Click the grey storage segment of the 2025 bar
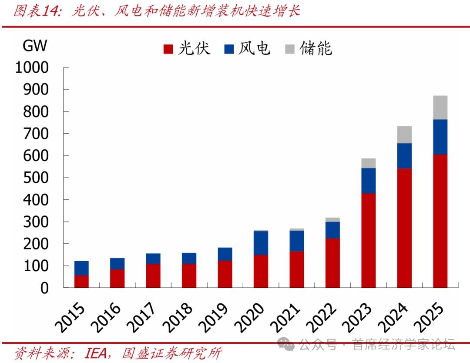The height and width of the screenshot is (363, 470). pyautogui.click(x=440, y=108)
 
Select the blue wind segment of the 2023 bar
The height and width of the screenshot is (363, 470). pyautogui.click(x=369, y=181)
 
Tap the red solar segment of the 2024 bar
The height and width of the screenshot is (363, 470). pyautogui.click(x=404, y=228)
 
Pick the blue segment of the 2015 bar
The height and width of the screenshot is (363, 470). pyautogui.click(x=81, y=268)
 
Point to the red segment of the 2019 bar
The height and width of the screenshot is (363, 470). pyautogui.click(x=225, y=274)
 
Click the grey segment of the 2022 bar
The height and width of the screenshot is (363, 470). pyautogui.click(x=333, y=220)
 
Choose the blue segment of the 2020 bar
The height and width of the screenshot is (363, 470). pyautogui.click(x=261, y=243)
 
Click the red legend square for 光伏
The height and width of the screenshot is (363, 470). pyautogui.click(x=168, y=49)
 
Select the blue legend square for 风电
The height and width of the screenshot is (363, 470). pyautogui.click(x=229, y=49)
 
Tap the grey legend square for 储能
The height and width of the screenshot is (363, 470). pyautogui.click(x=290, y=49)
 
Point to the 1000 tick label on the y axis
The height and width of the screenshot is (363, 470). pyautogui.click(x=32, y=67)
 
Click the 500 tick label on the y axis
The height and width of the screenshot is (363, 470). pyautogui.click(x=36, y=178)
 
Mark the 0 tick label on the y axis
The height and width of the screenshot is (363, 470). pyautogui.click(x=44, y=288)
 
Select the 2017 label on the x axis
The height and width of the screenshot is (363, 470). pyautogui.click(x=141, y=317)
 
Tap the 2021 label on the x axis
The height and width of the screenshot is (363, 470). pyautogui.click(x=285, y=317)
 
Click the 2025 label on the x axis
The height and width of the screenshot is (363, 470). pyautogui.click(x=428, y=317)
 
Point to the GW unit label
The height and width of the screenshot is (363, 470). pyautogui.click(x=35, y=46)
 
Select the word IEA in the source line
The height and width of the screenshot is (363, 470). pyautogui.click(x=96, y=353)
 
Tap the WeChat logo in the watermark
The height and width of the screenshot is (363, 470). pyautogui.click(x=285, y=344)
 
